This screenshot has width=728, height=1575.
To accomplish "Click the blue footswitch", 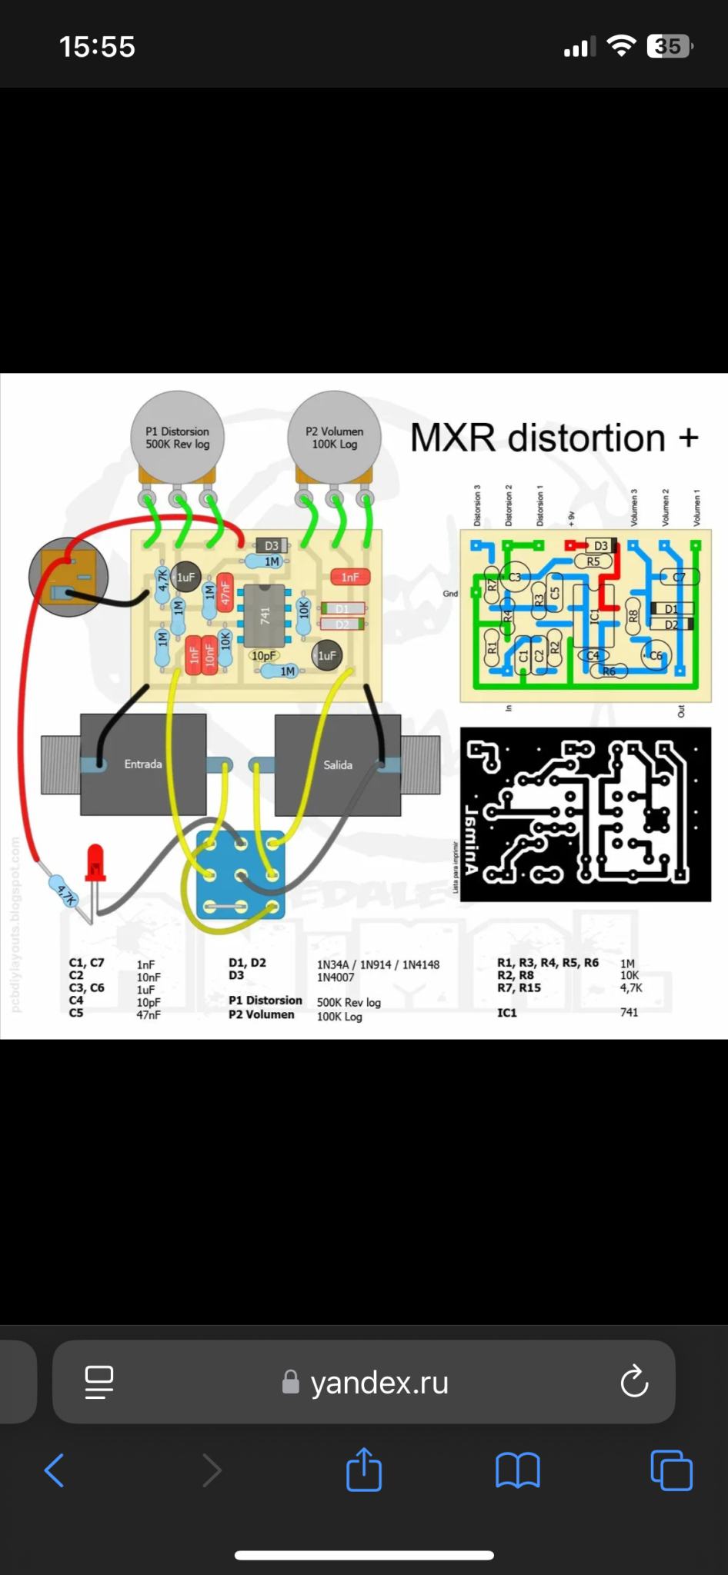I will tap(240, 875).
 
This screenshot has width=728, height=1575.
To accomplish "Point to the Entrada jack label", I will tap(143, 764).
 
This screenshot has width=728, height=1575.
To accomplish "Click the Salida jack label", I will tap(338, 764).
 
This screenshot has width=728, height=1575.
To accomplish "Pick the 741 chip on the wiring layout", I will tap(264, 615).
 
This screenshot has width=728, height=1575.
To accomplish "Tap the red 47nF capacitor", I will tap(225, 591).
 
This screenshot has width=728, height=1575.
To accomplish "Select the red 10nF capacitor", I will tap(209, 654).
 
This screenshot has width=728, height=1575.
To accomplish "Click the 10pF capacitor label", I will tap(263, 656).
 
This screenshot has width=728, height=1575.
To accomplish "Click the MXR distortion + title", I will tap(554, 438).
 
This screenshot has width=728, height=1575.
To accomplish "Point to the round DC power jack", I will tap(68, 577).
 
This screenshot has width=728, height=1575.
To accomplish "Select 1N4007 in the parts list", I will tap(336, 977).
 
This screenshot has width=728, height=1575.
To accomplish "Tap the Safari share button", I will tap(364, 1470).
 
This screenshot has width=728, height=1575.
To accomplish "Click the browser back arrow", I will tap(54, 1470).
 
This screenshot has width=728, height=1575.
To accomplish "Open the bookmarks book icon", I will tap(518, 1470).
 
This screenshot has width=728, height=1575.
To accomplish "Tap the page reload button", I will tap(634, 1382).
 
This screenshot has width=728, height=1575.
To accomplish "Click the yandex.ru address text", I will tap(379, 1383).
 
